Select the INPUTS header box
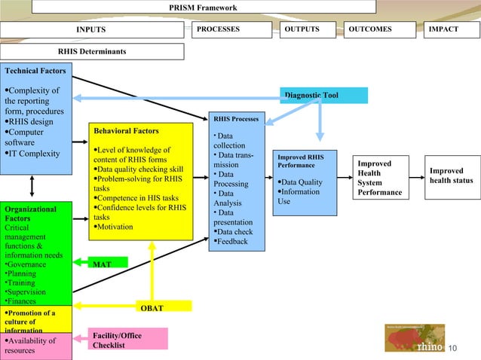[91, 29]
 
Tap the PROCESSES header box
[231, 29]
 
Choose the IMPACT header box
[450, 29]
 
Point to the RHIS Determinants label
[92, 51]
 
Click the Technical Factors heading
[35, 71]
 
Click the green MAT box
[103, 264]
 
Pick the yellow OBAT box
[152, 307]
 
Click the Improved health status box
[450, 175]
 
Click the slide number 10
[453, 347]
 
